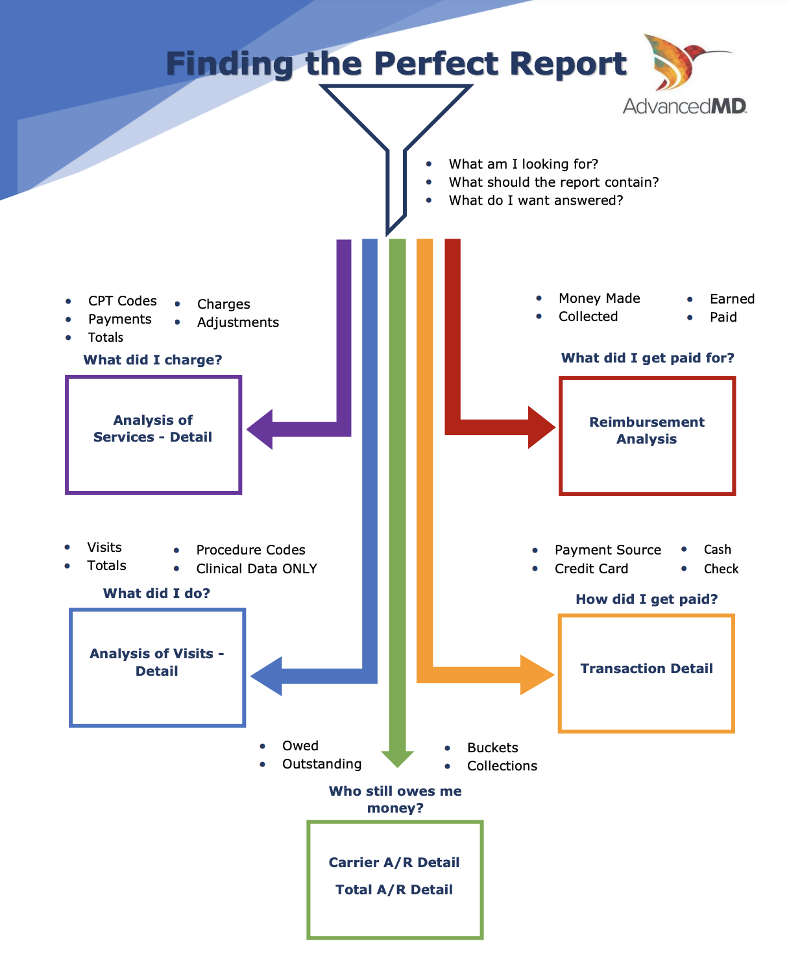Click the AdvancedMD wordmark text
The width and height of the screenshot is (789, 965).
tap(685, 106)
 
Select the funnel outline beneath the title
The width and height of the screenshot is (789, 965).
tap(395, 123)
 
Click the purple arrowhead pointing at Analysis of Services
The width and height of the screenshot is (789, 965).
tap(261, 429)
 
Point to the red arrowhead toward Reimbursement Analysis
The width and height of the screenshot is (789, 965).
tap(541, 427)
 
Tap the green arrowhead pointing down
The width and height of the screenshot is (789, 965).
tap(397, 758)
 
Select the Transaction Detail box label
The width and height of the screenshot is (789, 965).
tap(646, 669)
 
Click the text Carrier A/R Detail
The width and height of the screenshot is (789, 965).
tap(394, 863)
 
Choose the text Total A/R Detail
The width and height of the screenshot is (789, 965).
tap(394, 890)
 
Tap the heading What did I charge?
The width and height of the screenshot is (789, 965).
tap(152, 360)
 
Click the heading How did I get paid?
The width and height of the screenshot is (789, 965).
tap(646, 599)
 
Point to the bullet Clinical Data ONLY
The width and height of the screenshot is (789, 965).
tap(256, 569)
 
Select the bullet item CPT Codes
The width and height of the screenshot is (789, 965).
tap(122, 301)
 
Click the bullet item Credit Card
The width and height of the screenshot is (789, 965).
tap(591, 569)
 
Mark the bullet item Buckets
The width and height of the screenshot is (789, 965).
tap(492, 748)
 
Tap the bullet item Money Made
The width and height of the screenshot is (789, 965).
tap(599, 298)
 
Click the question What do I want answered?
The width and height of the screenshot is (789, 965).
tap(535, 200)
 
